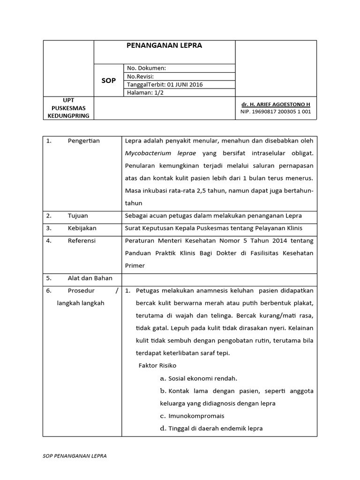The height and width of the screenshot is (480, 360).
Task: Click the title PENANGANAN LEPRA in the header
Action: (x=164, y=46)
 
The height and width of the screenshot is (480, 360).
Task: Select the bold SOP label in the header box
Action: (x=109, y=81)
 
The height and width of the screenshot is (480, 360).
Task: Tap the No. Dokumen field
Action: (x=146, y=68)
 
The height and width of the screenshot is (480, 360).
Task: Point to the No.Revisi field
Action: (x=140, y=76)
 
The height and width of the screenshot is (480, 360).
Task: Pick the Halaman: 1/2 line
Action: (x=145, y=92)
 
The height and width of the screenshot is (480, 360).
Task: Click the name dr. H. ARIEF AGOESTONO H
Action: (x=275, y=104)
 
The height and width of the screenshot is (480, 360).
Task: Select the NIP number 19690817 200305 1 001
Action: (x=275, y=112)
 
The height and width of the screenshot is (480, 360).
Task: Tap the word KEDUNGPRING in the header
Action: (x=68, y=116)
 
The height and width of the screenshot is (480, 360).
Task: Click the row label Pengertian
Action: (x=83, y=141)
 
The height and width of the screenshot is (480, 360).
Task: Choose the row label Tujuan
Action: (x=78, y=216)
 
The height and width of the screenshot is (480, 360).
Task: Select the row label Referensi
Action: (x=82, y=240)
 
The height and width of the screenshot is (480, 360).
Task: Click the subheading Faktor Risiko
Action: (x=157, y=365)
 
